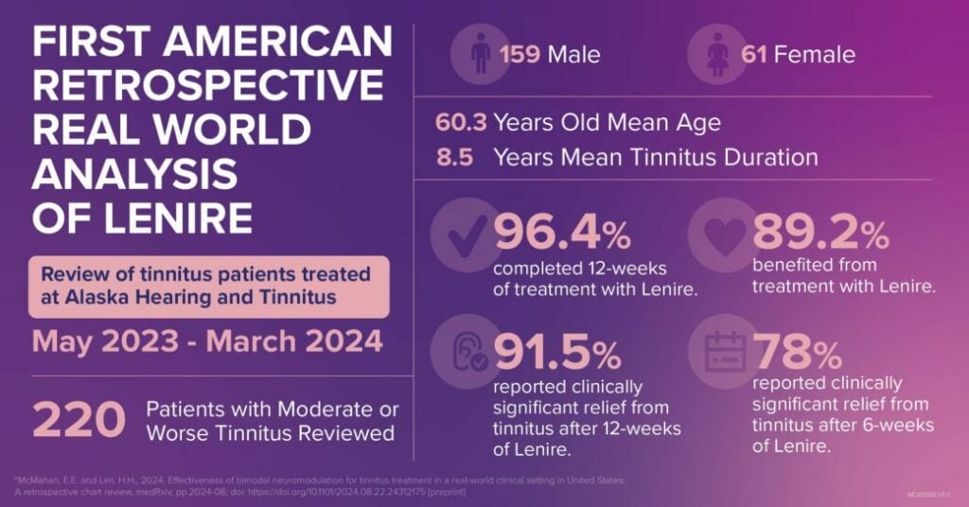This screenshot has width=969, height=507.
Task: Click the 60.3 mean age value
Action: click(x=460, y=123)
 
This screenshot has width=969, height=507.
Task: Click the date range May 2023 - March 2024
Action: click(x=207, y=341)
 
